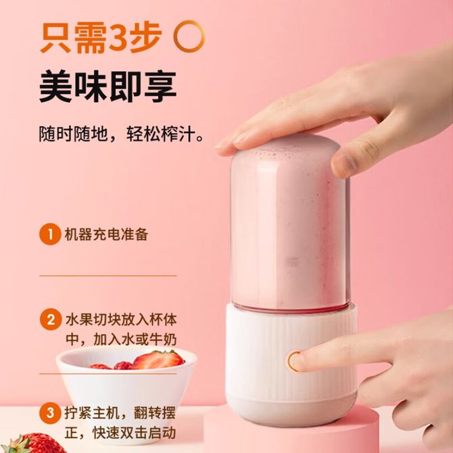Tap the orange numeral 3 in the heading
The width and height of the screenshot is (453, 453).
[118, 38]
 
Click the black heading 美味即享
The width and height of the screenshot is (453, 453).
[108, 86]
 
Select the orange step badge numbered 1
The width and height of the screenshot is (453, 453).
[50, 234]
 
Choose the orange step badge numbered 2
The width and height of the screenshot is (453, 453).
[51, 320]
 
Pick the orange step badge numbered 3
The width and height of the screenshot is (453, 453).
[50, 412]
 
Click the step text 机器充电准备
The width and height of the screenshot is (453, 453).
[106, 235]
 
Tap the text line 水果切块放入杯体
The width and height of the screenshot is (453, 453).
[121, 320]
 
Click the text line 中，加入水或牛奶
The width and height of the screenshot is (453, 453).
[121, 339]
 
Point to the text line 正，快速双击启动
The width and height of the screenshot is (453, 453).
[120, 433]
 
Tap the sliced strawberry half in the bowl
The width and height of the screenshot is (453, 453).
[158, 360]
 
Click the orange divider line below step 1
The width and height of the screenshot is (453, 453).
[108, 276]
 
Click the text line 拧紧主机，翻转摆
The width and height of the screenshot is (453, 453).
[120, 412]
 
